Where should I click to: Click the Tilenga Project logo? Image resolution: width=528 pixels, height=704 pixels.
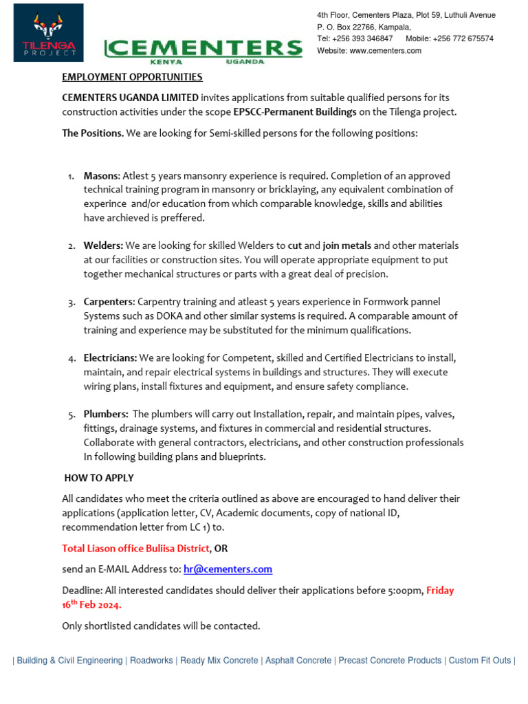pos(48,32)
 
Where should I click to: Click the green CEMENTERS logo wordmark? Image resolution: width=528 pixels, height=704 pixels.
pos(203,49)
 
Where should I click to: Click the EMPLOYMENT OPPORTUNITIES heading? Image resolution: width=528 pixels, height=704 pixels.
pos(132,77)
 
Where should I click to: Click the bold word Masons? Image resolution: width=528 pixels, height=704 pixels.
pos(101,175)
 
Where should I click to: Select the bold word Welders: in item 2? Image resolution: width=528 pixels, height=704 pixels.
pos(103,245)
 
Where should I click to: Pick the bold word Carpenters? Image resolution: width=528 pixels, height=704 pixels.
pos(109,302)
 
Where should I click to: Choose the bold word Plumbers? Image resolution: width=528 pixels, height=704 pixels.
pos(106,415)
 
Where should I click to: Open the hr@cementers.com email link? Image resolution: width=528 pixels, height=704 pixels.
pos(228,569)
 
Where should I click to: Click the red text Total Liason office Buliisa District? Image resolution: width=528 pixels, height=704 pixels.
pos(135,548)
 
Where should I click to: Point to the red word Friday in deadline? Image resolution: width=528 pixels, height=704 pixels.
pos(440,591)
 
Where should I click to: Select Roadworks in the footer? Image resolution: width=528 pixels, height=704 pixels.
pos(151,661)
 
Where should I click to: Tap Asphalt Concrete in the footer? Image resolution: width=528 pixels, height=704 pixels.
pos(298,661)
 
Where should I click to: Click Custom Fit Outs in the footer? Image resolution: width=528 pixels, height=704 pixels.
pos(479,661)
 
